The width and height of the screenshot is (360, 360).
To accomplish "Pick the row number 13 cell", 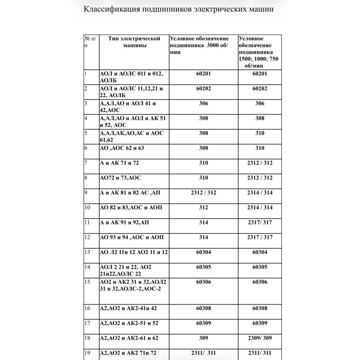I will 88,252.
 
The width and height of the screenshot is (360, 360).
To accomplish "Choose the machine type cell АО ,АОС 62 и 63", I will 122,148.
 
